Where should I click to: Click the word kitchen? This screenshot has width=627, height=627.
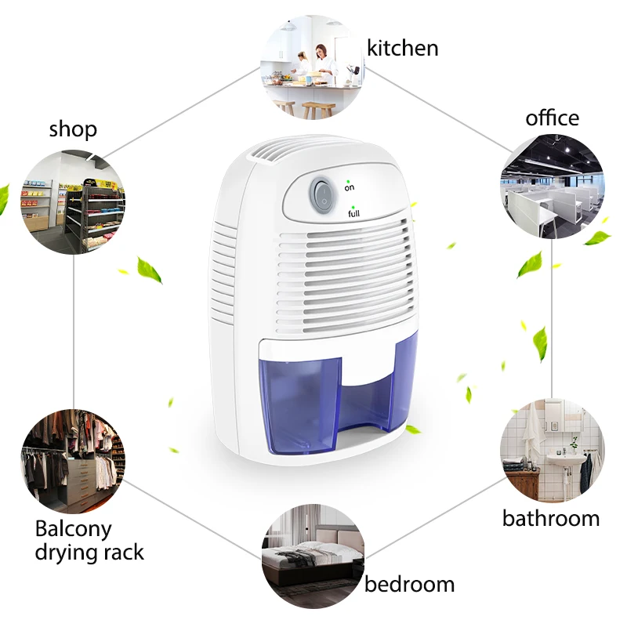click(x=403, y=49)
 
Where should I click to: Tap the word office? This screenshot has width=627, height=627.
click(x=552, y=118)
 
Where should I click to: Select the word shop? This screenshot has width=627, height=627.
click(x=73, y=129)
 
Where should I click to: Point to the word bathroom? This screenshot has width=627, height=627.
click(x=550, y=518)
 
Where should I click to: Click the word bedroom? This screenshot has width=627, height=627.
click(x=409, y=584)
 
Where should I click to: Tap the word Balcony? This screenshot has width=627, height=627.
click(x=73, y=529)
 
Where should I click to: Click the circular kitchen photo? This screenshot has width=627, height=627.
click(x=312, y=68)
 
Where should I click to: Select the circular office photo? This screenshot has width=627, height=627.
click(x=552, y=187)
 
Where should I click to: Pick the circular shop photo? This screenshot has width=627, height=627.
click(x=73, y=202)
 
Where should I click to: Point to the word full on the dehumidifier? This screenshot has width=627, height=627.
click(x=353, y=213)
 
